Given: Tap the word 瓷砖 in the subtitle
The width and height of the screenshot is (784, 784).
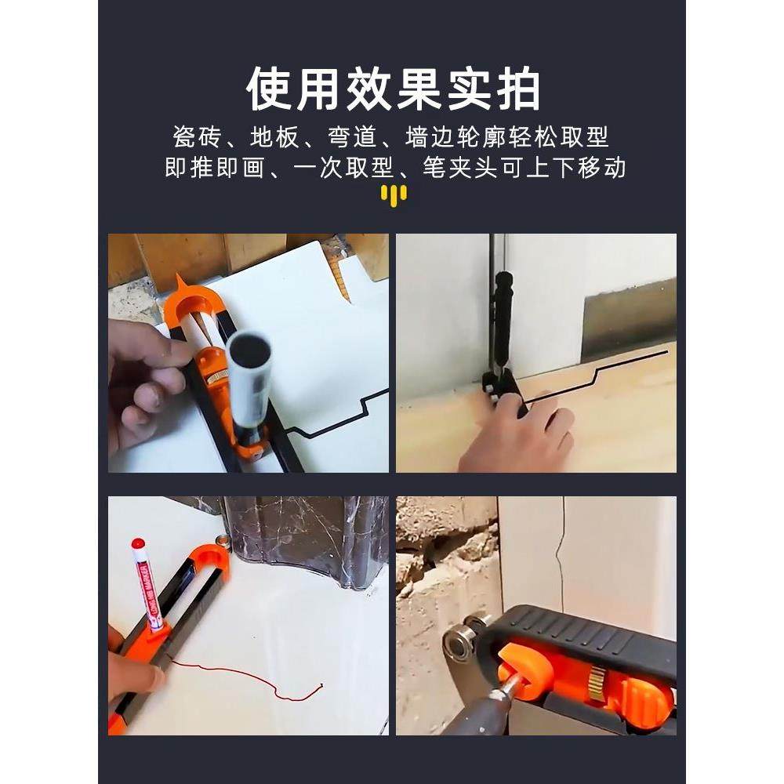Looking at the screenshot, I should tap(196, 138).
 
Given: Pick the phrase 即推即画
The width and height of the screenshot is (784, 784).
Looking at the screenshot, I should tap(215, 168).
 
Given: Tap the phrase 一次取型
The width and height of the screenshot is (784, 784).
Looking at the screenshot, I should tap(345, 168).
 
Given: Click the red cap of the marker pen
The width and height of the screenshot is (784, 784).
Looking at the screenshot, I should tap(138, 544).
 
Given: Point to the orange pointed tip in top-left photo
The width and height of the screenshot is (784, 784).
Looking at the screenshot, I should tap(181, 280).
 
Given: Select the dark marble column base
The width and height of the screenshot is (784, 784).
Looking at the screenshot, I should tap(306, 541).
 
